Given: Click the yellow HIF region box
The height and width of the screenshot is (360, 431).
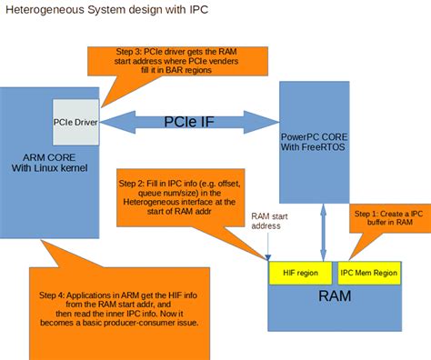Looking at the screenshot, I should pos(299,271).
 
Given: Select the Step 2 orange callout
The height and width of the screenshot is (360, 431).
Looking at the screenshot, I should pos(176,195).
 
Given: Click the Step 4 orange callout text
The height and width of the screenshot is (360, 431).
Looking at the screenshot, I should pos(137,310).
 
